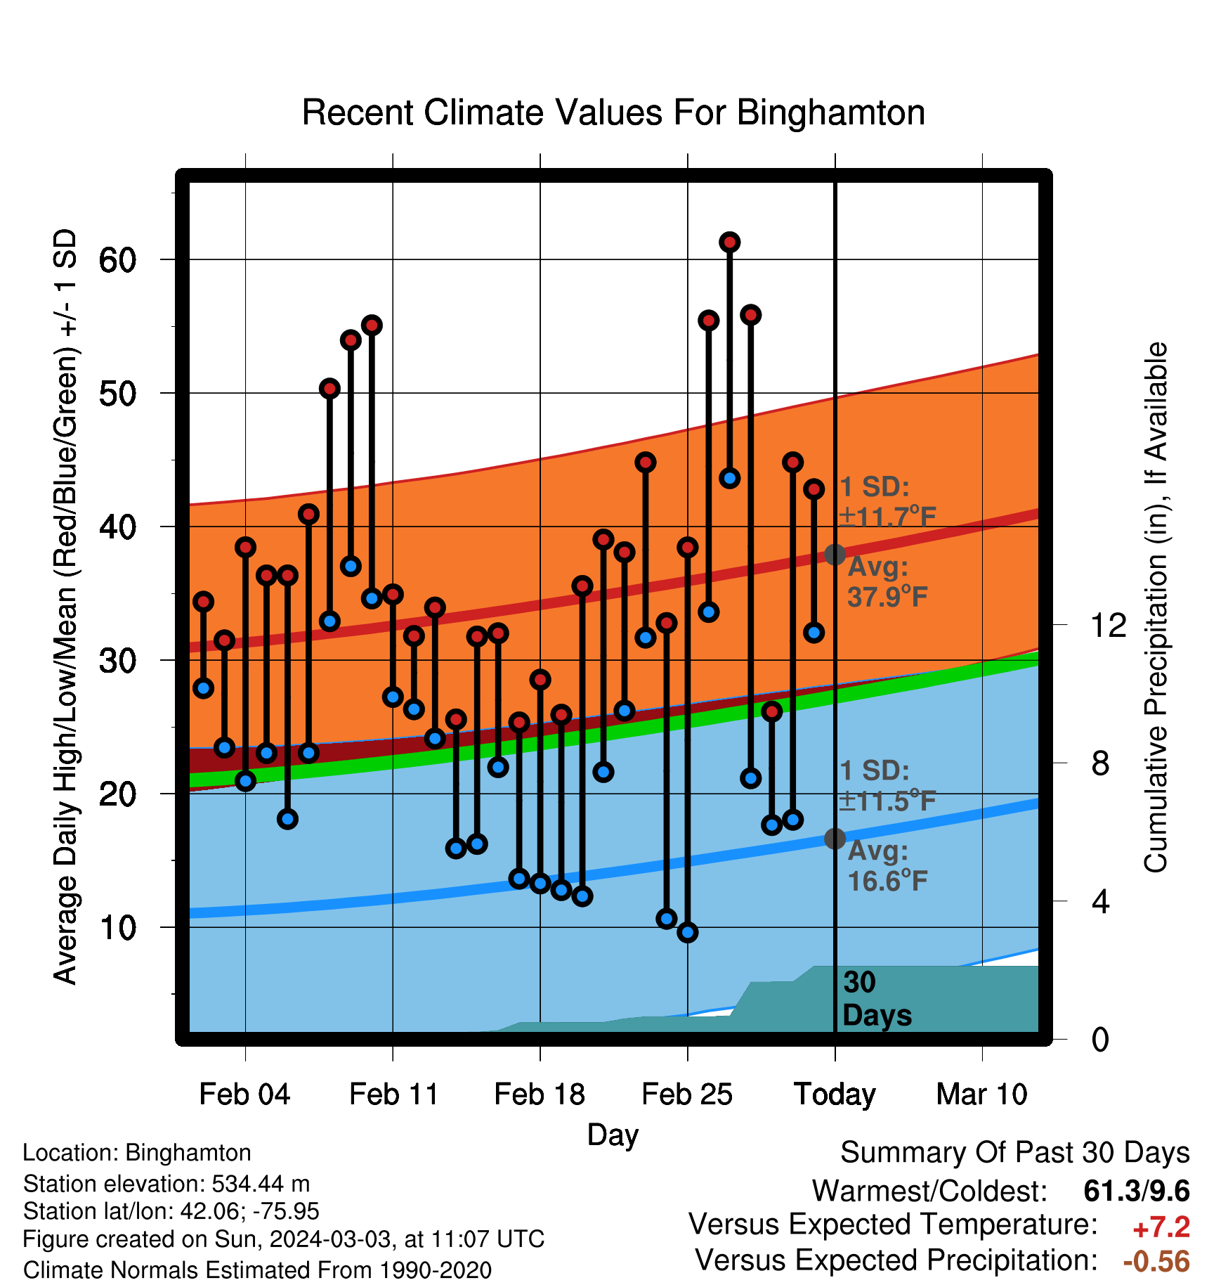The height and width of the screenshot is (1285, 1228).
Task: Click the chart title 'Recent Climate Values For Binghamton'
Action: tap(613, 112)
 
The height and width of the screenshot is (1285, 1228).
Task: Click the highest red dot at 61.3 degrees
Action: tap(729, 243)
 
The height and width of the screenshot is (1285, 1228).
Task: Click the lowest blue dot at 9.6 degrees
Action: tap(687, 933)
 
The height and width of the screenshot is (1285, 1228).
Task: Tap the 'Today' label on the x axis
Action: tap(835, 1094)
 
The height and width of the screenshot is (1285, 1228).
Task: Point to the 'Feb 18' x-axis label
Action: tap(540, 1094)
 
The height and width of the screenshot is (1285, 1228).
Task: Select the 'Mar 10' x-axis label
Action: tap(982, 1094)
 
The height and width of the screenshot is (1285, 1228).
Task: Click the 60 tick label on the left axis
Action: tap(117, 260)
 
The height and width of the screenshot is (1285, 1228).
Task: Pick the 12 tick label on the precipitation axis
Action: tap(1109, 625)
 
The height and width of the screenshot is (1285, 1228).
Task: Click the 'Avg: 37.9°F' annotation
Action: tap(887, 581)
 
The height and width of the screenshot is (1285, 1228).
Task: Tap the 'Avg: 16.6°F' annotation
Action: tap(887, 865)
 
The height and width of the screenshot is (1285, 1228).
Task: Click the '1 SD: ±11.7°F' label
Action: tap(887, 502)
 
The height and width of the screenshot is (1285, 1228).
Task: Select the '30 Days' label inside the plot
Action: tap(877, 999)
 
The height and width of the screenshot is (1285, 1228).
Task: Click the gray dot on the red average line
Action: tap(835, 555)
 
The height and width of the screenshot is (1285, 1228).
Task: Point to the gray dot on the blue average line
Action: tap(835, 839)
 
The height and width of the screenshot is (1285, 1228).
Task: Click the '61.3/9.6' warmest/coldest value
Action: tap(1137, 1192)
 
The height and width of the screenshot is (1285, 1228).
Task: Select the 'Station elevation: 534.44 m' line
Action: tap(166, 1184)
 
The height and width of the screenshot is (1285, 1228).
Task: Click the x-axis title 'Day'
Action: tap(613, 1135)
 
